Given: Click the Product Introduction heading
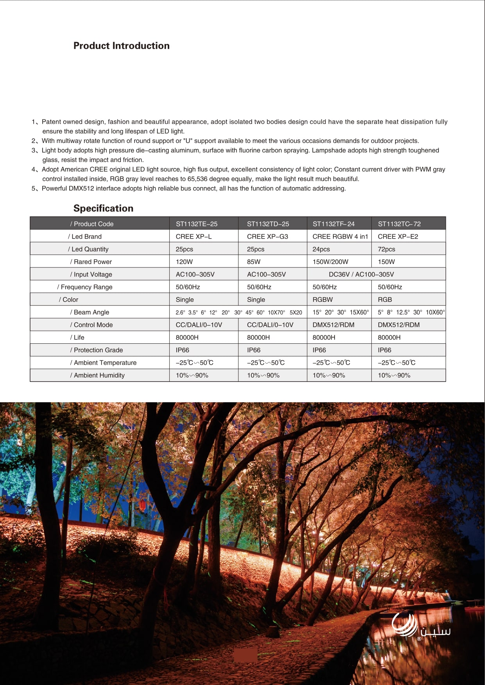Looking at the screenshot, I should (122, 46).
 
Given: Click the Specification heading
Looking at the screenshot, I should (103, 208).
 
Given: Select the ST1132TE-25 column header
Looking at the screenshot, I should (197, 224).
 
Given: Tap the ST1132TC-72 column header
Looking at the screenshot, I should (399, 224).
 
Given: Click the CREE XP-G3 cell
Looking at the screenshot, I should (267, 236).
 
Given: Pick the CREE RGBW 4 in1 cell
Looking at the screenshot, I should (340, 236).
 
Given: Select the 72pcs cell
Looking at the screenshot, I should (386, 249).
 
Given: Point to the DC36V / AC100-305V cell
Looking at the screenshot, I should (361, 274).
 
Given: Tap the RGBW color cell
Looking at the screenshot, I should (322, 300).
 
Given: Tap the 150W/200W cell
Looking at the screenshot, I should (330, 262).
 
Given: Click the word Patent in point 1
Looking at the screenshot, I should (52, 122).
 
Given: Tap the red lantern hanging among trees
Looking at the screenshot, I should (143, 505).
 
